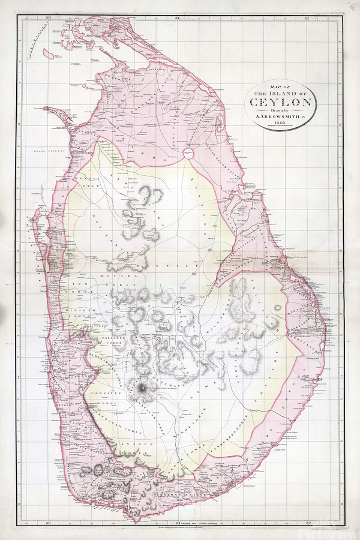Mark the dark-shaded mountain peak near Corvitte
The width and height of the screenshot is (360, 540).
tap(143, 391)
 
